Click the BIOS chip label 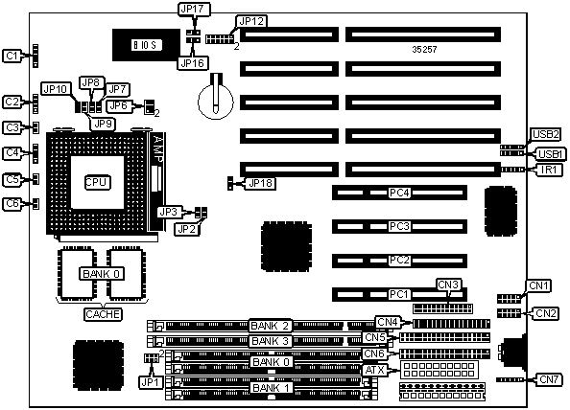[145, 45]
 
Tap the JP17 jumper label [194, 9]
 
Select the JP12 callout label [250, 21]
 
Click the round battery [216, 100]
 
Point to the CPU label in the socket [97, 182]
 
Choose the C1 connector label [12, 56]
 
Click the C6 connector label [12, 203]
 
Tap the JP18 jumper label [260, 183]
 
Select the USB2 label [545, 134]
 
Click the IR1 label [549, 170]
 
